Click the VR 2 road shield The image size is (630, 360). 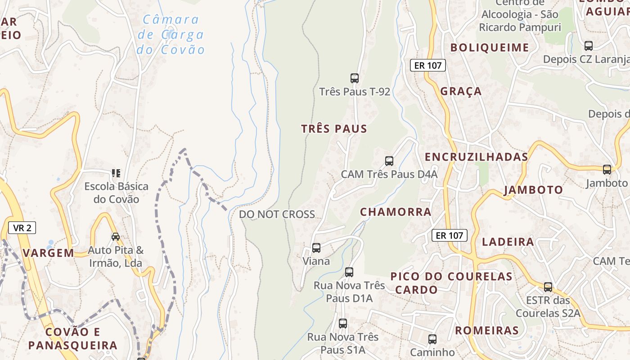22,228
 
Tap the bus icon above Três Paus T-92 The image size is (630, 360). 355,78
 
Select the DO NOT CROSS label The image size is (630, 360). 277,214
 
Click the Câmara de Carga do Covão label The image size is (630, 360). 171,35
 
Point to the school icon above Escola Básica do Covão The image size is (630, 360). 116,173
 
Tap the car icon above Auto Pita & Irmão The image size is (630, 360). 116,236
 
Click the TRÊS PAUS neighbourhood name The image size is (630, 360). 334,129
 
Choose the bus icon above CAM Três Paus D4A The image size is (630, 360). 389,161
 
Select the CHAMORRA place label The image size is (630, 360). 396,212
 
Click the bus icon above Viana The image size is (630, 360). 316,247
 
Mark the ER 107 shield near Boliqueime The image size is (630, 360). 428,65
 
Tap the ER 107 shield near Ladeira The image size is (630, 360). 450,235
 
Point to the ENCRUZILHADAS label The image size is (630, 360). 477,157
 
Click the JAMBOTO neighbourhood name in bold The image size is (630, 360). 533,190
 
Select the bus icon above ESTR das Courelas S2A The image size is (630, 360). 548,287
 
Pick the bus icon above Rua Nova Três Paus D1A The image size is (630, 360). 349,272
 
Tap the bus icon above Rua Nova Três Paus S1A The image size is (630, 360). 343,323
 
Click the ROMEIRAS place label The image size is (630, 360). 487,331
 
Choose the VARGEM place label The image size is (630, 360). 49,253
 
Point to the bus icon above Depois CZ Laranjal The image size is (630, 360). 589,45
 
